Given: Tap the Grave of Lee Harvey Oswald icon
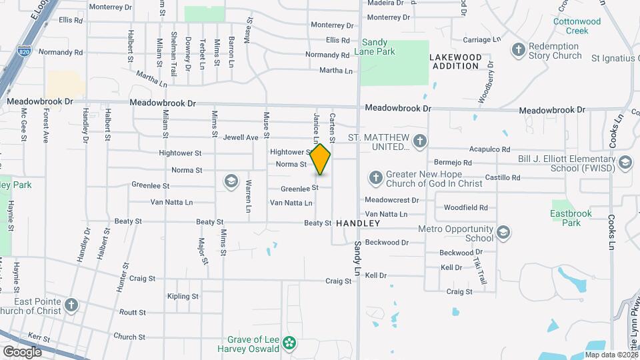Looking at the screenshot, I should tap(289, 343).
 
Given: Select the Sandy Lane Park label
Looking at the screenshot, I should tap(378, 46).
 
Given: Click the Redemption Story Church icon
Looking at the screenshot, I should tap(518, 50).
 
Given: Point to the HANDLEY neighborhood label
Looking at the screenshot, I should tap(358, 223).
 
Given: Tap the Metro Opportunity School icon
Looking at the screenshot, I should tap(503, 233).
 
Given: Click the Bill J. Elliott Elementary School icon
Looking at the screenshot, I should tap(625, 162).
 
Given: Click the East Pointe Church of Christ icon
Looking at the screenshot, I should tap(71, 306).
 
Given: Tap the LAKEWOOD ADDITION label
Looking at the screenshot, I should tap(455, 61).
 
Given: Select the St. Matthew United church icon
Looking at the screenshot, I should tap(419, 141).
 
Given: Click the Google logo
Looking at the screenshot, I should tap(22, 352).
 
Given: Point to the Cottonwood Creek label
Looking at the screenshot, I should tap(577, 26).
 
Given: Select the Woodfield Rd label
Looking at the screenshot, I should tap(466, 207).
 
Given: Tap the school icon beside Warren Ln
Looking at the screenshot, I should tap(231, 181).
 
